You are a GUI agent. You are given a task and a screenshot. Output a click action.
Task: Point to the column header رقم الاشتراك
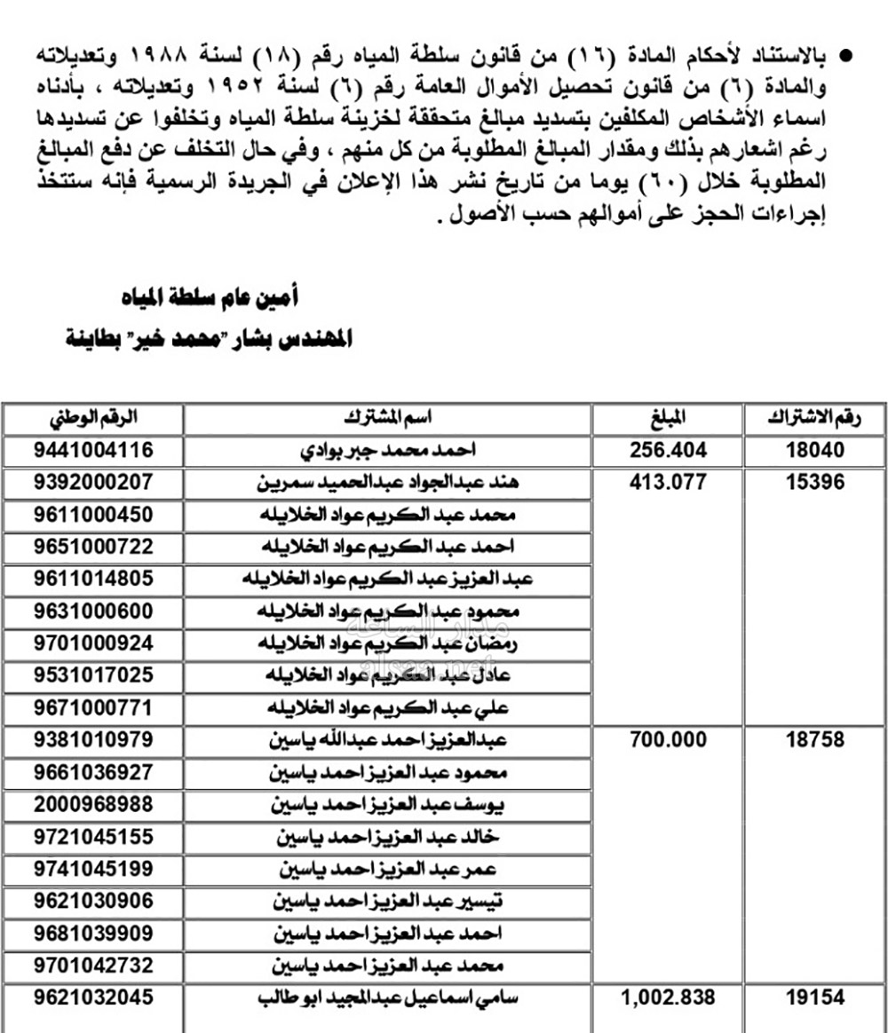tap(815, 417)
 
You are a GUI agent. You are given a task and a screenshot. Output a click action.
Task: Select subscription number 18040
tap(815, 451)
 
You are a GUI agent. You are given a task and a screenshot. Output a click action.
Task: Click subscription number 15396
tap(815, 484)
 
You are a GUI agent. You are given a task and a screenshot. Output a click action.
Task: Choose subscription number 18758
tap(815, 740)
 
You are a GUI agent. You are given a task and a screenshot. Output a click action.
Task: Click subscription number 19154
tap(815, 998)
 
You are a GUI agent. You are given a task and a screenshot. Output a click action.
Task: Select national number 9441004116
tap(94, 451)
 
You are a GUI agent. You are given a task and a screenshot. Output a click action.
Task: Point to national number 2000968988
tap(94, 804)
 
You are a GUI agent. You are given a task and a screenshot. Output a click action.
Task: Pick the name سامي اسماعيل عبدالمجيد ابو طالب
tap(387, 998)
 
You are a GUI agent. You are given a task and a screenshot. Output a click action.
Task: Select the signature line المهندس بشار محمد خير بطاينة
tap(210, 339)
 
